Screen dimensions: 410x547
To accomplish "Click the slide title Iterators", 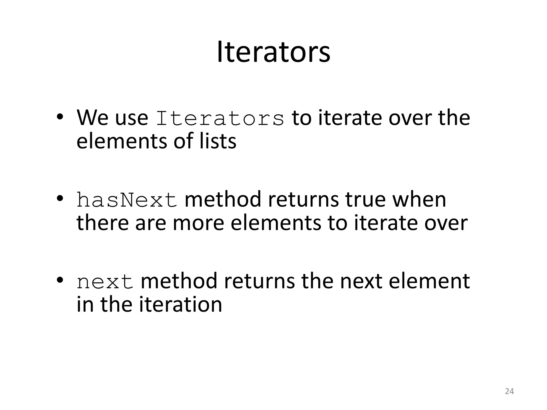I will (273, 52).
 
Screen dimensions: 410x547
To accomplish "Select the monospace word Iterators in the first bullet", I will (220, 118).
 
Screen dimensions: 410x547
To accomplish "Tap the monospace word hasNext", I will (127, 200).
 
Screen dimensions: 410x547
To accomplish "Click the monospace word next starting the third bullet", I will (105, 282).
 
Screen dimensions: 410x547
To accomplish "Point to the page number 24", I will (509, 391).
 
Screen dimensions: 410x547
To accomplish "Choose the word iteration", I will (181, 305).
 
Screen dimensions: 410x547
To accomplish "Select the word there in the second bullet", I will (103, 223).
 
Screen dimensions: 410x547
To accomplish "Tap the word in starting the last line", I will (85, 305).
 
